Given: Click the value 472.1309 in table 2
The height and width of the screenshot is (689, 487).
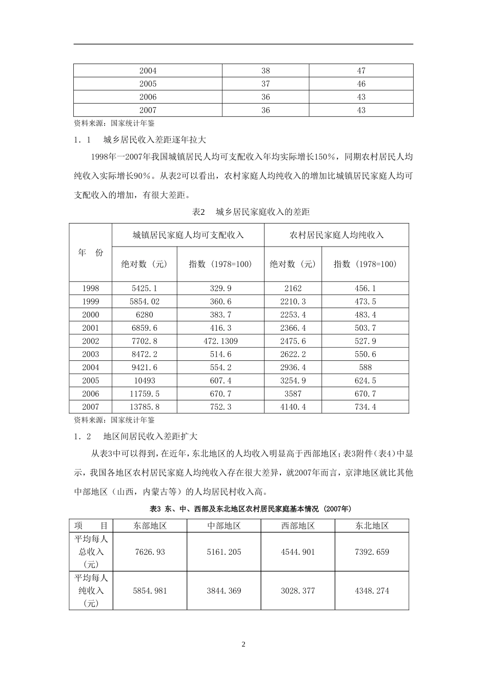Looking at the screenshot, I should (x=220, y=341).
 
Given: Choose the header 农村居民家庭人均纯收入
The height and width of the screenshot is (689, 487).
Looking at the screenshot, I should (x=336, y=235).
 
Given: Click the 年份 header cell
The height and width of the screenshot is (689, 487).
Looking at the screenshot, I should (x=91, y=253).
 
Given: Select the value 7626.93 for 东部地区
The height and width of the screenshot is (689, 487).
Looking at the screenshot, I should (x=149, y=552).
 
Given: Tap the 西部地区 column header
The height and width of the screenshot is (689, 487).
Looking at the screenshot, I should (x=298, y=525).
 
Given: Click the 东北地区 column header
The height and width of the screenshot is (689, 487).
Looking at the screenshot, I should (x=372, y=525).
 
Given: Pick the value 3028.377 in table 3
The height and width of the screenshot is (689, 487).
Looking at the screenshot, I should (x=298, y=591).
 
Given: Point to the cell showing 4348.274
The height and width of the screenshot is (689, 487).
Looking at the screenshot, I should (x=372, y=591).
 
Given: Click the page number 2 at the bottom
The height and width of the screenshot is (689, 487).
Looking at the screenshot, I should (x=243, y=644).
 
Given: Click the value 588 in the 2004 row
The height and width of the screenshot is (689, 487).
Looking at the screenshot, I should (x=365, y=368).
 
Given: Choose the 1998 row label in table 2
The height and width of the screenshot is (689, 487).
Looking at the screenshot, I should (x=91, y=288).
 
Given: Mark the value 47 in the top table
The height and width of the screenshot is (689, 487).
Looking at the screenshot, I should (x=361, y=71).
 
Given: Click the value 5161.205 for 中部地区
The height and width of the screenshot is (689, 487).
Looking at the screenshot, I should (x=224, y=552).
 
